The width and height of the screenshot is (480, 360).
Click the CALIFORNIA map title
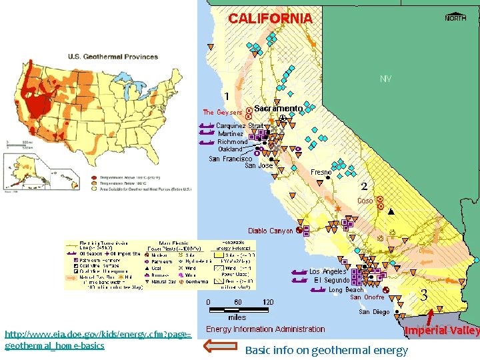[270, 19]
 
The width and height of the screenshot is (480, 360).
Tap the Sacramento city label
[278, 108]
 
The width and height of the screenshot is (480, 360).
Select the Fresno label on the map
[321, 172]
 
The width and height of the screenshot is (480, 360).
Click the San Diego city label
[374, 311]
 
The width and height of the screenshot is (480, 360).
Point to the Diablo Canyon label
[270, 231]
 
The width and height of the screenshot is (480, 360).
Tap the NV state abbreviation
[385, 79]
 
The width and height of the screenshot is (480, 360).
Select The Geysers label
[223, 113]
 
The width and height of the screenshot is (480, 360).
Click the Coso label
[365, 201]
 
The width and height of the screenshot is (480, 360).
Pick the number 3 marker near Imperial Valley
[423, 295]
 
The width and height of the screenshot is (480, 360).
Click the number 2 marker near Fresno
[364, 185]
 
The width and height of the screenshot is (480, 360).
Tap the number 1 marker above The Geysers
[227, 96]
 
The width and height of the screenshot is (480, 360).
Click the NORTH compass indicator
[455, 18]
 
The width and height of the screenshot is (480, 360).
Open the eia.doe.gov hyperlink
[97, 339]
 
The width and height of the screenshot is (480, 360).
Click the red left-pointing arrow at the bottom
[219, 345]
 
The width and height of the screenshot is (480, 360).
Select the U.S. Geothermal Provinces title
[113, 57]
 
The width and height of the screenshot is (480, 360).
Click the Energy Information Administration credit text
[265, 329]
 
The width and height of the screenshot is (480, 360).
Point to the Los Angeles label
[327, 272]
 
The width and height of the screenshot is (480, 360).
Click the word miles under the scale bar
[237, 317]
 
